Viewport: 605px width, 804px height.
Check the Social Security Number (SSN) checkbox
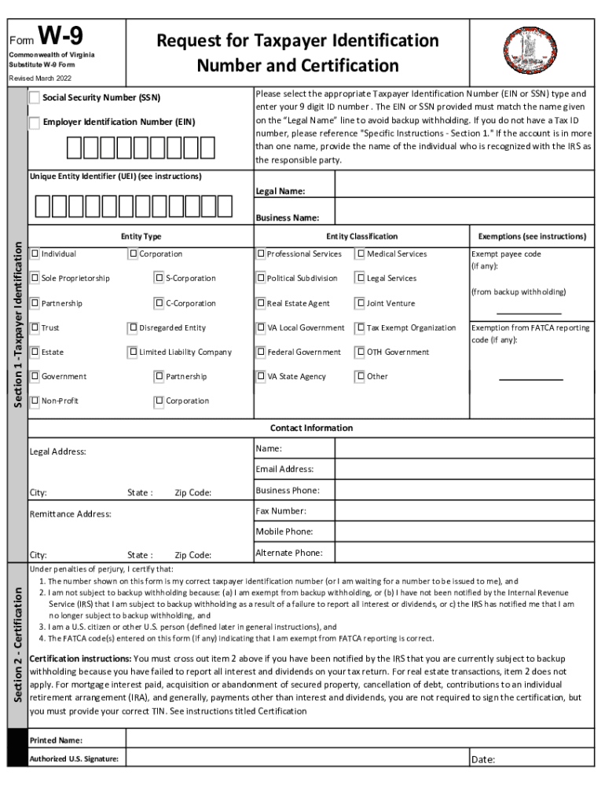pyautogui.click(x=35, y=98)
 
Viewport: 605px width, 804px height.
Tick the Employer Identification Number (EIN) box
pyautogui.click(x=35, y=122)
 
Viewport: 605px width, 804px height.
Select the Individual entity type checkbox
pyautogui.click(x=35, y=254)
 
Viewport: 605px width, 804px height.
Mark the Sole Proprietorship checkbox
pyautogui.click(x=35, y=278)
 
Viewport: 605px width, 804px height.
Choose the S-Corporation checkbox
pyautogui.click(x=159, y=278)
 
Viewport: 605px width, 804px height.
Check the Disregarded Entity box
pyautogui.click(x=133, y=327)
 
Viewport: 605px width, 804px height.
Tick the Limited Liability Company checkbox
pyautogui.click(x=133, y=352)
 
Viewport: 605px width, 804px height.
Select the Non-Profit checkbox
pyautogui.click(x=35, y=400)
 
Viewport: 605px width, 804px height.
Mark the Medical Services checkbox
pyautogui.click(x=361, y=254)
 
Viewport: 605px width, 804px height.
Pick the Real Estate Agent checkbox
pyautogui.click(x=261, y=303)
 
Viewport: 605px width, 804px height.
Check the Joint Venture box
pyautogui.click(x=361, y=303)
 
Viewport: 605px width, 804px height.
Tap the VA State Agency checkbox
pyautogui.click(x=261, y=376)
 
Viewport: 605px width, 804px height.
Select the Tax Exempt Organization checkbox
pyautogui.click(x=361, y=327)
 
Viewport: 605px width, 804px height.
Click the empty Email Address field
pyautogui.click(x=464, y=470)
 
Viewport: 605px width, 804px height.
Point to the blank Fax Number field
pyautogui.click(x=464, y=511)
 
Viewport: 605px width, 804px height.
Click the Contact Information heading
pyautogui.click(x=311, y=428)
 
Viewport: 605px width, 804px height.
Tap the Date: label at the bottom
pyautogui.click(x=483, y=759)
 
